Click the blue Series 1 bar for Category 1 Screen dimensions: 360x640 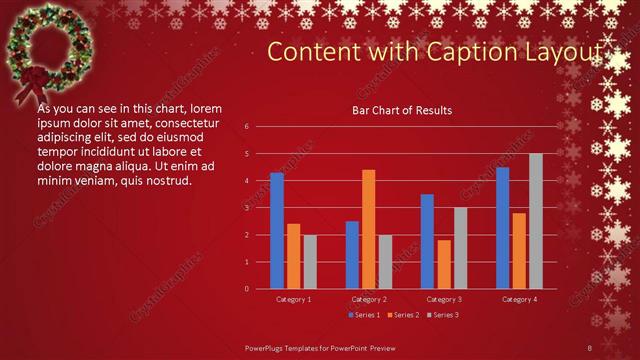277,231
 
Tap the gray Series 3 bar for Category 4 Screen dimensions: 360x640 536,221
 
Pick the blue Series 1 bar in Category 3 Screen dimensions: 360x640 427,241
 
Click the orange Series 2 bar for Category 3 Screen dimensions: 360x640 444,264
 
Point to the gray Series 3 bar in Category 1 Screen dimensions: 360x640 310,262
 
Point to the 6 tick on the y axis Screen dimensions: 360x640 247,127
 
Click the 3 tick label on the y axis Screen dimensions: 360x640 247,208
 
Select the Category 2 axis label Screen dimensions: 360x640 369,299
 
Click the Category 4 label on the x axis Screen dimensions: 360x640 518,299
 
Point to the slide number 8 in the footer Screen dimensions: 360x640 590,346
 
